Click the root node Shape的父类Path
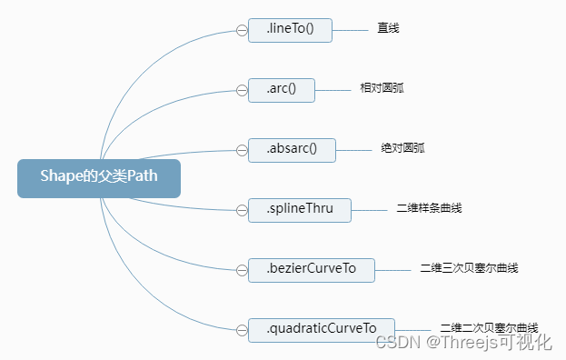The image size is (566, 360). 99,178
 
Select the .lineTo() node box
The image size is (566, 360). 290,30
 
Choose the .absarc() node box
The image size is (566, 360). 292,150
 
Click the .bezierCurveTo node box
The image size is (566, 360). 311,270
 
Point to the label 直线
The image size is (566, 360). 389,29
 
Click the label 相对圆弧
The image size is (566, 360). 381,89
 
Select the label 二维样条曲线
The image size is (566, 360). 430,209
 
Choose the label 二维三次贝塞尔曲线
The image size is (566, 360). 469,269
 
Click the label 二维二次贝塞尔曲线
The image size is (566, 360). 489,327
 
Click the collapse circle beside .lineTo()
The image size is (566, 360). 242,30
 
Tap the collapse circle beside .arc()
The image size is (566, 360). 242,90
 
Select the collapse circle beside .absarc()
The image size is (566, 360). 242,150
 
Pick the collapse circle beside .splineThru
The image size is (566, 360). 242,210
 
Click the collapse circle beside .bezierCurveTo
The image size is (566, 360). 242,270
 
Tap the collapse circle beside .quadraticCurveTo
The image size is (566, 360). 242,329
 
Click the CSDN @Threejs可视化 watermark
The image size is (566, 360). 463,343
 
